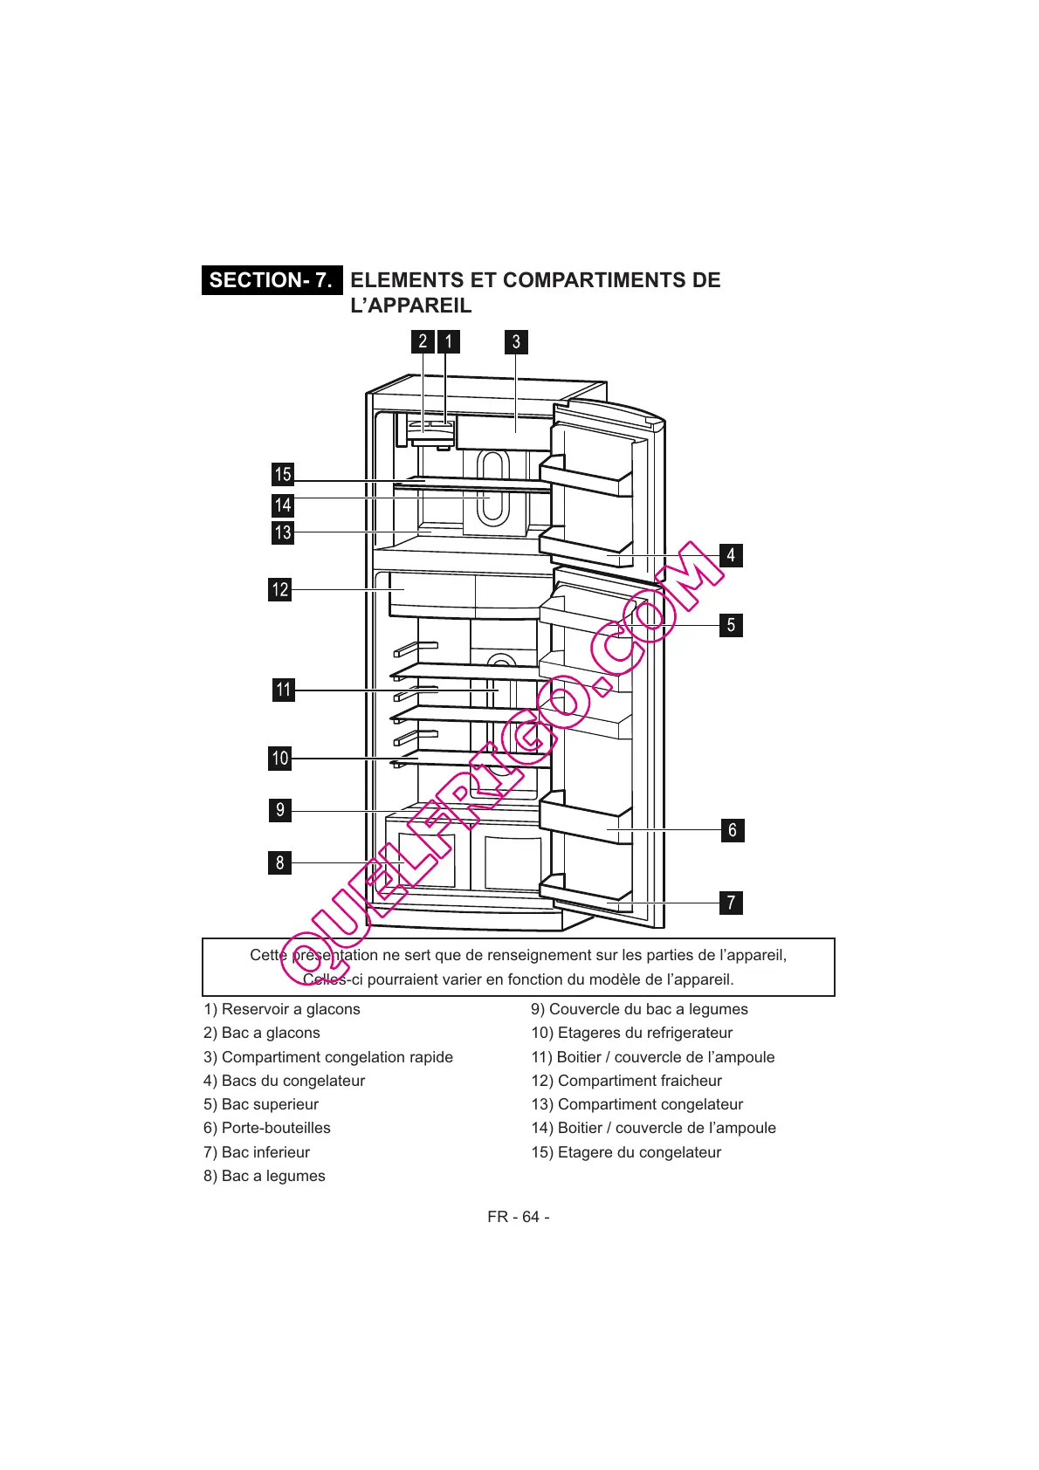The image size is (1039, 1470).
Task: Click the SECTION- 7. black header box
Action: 272,280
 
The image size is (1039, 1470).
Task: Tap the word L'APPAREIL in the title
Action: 410,306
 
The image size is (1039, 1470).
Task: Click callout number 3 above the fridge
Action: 516,341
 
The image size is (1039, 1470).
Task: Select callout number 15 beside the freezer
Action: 283,474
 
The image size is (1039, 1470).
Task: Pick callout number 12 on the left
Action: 280,589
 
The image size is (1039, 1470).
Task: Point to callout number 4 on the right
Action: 731,555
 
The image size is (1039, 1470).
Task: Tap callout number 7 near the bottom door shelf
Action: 732,903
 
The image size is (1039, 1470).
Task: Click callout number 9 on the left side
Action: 280,810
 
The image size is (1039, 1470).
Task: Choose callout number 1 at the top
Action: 449,341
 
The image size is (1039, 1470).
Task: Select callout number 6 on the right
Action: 733,830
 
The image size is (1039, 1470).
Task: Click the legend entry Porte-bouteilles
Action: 267,1128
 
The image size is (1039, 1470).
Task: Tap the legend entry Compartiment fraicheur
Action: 626,1081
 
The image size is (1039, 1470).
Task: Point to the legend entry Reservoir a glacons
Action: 282,1009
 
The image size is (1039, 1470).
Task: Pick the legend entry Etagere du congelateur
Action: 626,1152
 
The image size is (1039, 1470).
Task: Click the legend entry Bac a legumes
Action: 265,1176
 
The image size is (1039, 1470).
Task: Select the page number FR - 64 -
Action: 519,1217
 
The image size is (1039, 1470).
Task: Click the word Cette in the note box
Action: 268,955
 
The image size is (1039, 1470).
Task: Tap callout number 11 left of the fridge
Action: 284,690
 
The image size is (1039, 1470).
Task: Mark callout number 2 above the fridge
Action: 423,341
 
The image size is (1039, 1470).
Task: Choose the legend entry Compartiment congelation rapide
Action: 328,1057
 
